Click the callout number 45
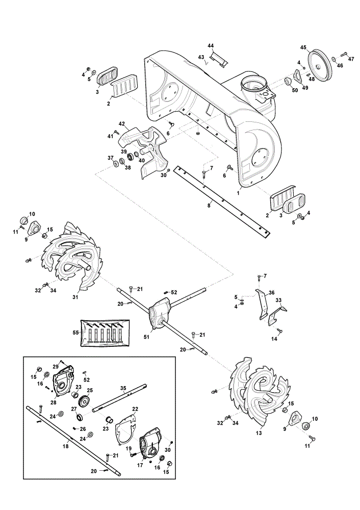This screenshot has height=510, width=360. [303, 47]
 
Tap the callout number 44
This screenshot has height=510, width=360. [211, 45]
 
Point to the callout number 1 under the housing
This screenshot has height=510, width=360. [238, 193]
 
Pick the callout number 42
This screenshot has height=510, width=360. [122, 123]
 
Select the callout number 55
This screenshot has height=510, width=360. [75, 333]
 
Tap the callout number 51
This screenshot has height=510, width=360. [147, 337]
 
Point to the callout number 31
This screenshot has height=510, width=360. [75, 297]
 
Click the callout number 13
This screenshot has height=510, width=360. [259, 433]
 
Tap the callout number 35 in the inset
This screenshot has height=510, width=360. [123, 388]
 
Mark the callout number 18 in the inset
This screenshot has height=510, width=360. [66, 446]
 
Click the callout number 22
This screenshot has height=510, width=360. [135, 409]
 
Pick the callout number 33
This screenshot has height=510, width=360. [279, 300]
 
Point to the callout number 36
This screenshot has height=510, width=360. [272, 293]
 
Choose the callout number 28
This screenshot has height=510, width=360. [54, 402]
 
